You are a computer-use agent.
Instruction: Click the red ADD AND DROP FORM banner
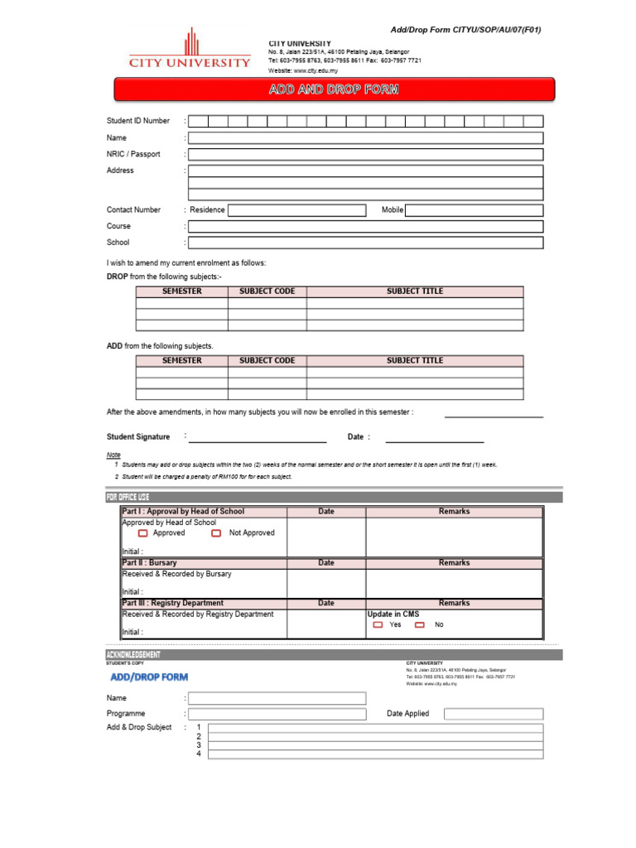click(x=334, y=89)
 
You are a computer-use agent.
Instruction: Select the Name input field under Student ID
click(x=365, y=137)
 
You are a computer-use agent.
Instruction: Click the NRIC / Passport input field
click(x=365, y=154)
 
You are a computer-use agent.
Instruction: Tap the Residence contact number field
click(x=296, y=210)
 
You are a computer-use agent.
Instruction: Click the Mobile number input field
click(x=474, y=210)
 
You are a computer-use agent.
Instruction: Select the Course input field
click(x=365, y=226)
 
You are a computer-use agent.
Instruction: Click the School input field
click(x=365, y=243)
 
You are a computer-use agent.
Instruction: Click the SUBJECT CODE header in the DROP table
click(x=267, y=291)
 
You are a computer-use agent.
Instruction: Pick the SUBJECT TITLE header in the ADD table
click(x=415, y=361)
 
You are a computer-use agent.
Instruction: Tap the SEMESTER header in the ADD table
click(x=181, y=361)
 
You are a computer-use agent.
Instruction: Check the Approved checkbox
click(x=143, y=533)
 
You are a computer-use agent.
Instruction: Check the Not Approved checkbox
click(x=216, y=533)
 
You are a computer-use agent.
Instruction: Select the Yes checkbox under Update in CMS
click(x=378, y=625)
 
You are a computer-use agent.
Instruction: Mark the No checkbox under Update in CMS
click(x=420, y=625)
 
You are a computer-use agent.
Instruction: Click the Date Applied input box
click(x=494, y=714)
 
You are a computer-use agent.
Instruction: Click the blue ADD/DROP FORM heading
click(x=149, y=677)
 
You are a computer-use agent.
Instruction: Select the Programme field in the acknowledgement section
click(x=277, y=714)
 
